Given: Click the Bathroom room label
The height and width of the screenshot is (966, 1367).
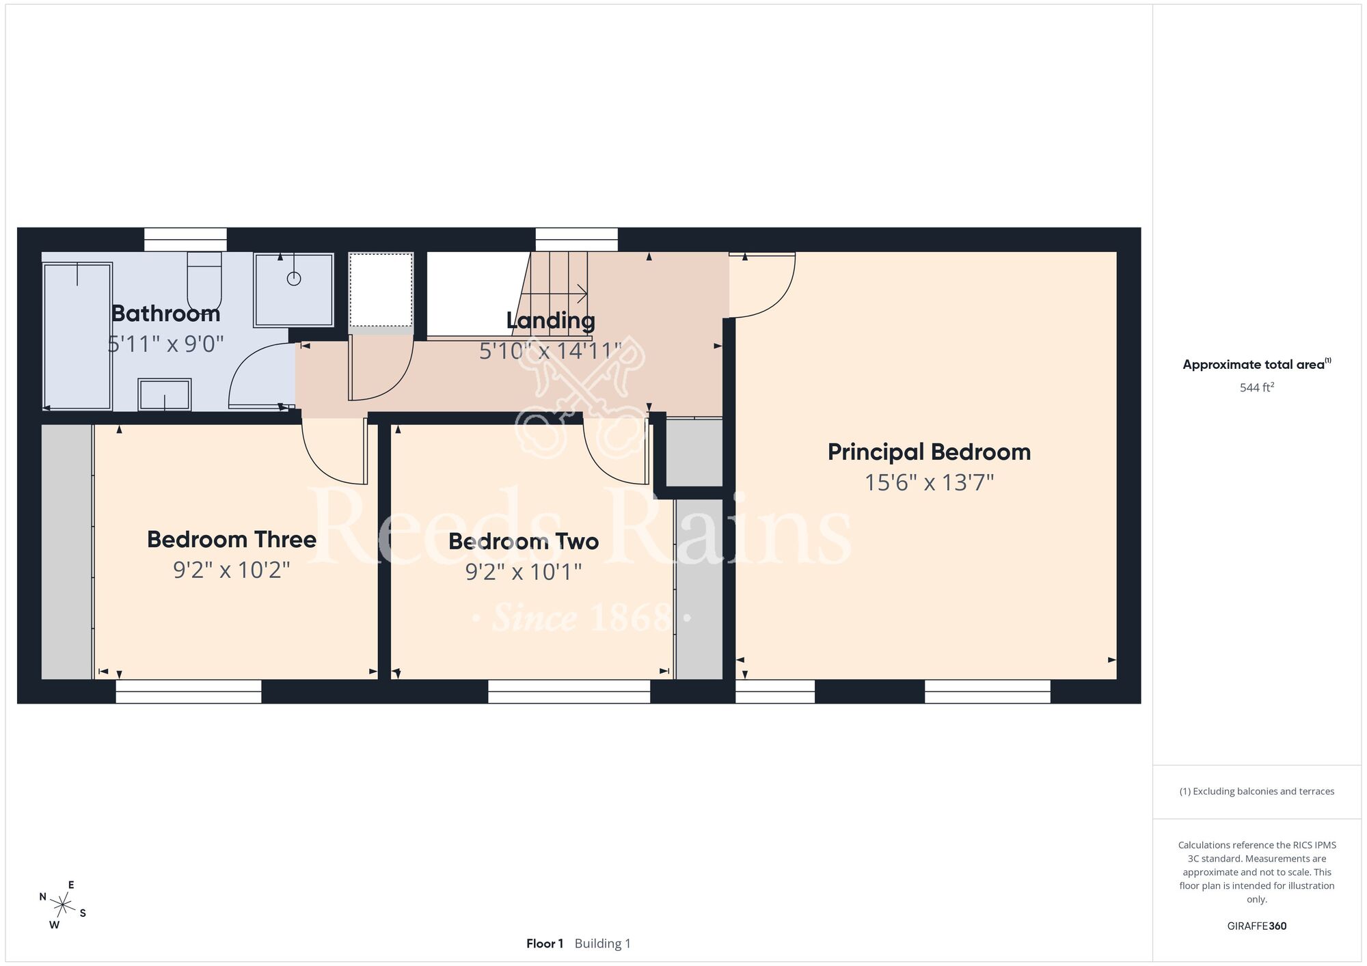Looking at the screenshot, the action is (x=165, y=314).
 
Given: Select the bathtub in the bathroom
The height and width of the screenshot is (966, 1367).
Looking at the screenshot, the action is (x=77, y=336).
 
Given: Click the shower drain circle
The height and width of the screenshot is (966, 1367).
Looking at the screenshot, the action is (x=294, y=279).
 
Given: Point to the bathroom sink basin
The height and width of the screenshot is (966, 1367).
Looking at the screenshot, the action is (x=165, y=395).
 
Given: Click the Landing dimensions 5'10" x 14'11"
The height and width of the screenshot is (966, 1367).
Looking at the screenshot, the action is (x=550, y=351).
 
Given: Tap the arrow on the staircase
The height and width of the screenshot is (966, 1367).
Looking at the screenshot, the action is (x=554, y=294).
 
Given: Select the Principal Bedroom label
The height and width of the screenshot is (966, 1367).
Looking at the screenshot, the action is (x=929, y=452).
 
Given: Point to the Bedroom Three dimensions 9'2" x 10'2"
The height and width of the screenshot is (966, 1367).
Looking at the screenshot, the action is (x=232, y=570).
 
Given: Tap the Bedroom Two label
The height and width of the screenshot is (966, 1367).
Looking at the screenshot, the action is (x=524, y=542).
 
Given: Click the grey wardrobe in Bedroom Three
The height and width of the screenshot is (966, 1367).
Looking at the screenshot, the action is (x=67, y=552).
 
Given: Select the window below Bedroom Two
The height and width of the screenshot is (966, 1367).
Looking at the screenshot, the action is (x=569, y=691).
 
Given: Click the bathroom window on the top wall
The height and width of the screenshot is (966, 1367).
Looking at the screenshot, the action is (x=185, y=240).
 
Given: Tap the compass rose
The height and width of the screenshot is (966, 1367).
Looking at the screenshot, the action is (x=63, y=906).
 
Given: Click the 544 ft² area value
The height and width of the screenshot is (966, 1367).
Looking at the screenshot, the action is (x=1257, y=387).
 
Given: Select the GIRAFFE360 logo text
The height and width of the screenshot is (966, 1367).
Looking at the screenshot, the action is (x=1257, y=926).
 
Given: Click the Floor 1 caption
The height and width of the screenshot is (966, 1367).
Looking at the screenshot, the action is (x=545, y=943).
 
